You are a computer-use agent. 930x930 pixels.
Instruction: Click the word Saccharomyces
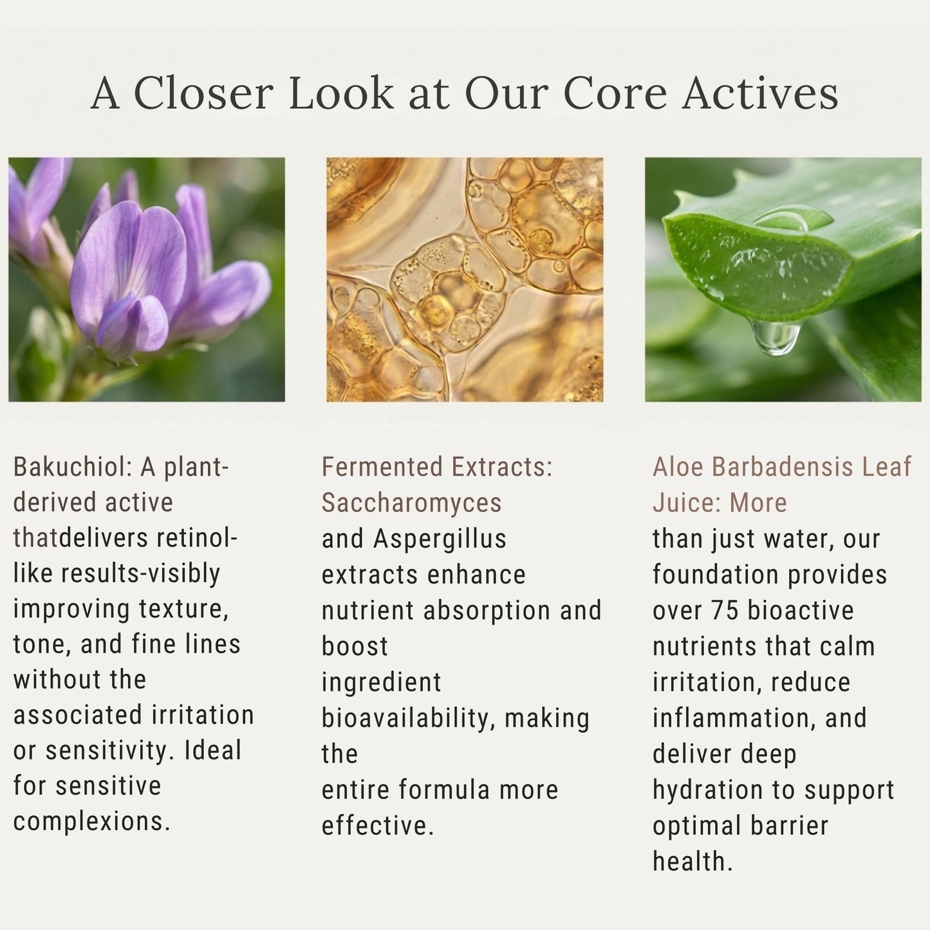coord(411,503)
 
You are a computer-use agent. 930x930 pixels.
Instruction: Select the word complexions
coord(91,821)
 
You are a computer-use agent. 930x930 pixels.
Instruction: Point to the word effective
coord(377,826)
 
